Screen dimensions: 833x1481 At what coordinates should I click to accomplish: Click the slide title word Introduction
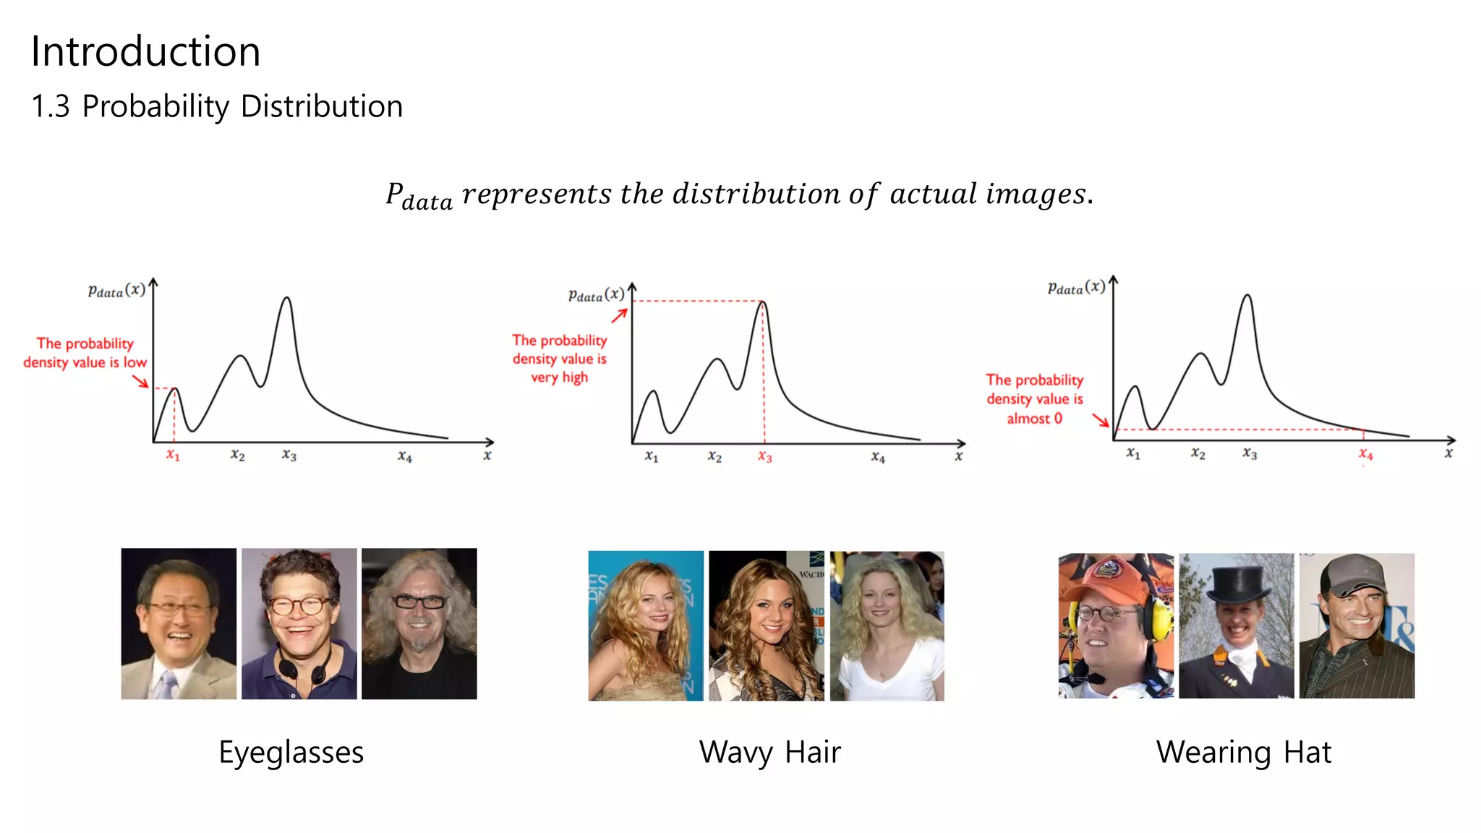[145, 52]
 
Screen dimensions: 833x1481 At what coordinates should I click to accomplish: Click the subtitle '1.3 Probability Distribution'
[217, 106]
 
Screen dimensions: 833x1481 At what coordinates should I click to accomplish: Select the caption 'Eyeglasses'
[291, 752]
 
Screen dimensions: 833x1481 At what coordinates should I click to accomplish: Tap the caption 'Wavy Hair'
[769, 752]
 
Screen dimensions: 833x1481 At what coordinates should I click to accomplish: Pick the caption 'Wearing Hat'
[1243, 752]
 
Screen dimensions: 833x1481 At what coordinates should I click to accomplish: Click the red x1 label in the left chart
[173, 455]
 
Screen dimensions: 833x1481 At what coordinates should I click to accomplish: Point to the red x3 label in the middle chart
[765, 456]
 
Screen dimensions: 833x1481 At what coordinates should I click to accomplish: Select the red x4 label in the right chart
[1365, 454]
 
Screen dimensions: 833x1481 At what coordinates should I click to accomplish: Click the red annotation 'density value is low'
[85, 362]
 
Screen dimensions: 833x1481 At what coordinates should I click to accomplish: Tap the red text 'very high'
[559, 377]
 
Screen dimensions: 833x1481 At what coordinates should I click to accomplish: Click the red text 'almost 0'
[1034, 419]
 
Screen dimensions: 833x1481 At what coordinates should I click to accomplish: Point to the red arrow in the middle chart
[619, 316]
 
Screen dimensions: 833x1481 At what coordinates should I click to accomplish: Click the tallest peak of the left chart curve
[287, 299]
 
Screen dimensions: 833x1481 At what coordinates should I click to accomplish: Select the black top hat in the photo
[1238, 584]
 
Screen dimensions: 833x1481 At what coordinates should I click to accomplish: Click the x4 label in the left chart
[405, 456]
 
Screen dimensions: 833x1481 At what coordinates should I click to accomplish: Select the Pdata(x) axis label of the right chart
[1076, 288]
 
